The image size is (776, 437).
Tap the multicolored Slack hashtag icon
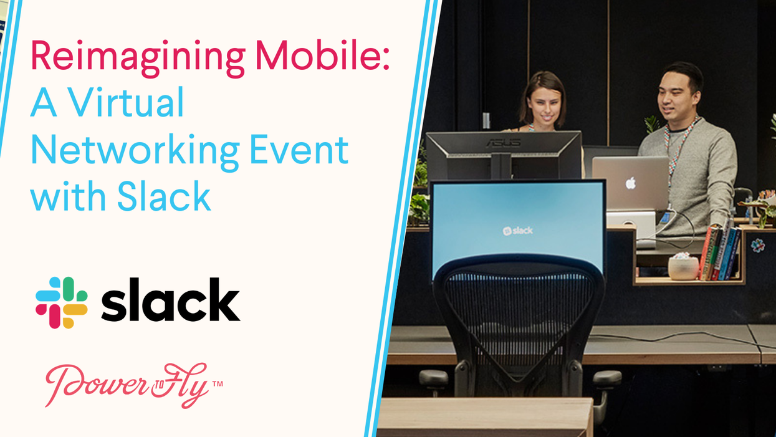61,302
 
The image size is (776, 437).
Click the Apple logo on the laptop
630,183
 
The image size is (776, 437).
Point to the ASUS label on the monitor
503,142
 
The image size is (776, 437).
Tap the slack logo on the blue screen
517,231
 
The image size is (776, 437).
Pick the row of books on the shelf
720,253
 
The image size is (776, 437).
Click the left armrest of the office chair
434,378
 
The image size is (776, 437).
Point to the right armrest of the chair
606,378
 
